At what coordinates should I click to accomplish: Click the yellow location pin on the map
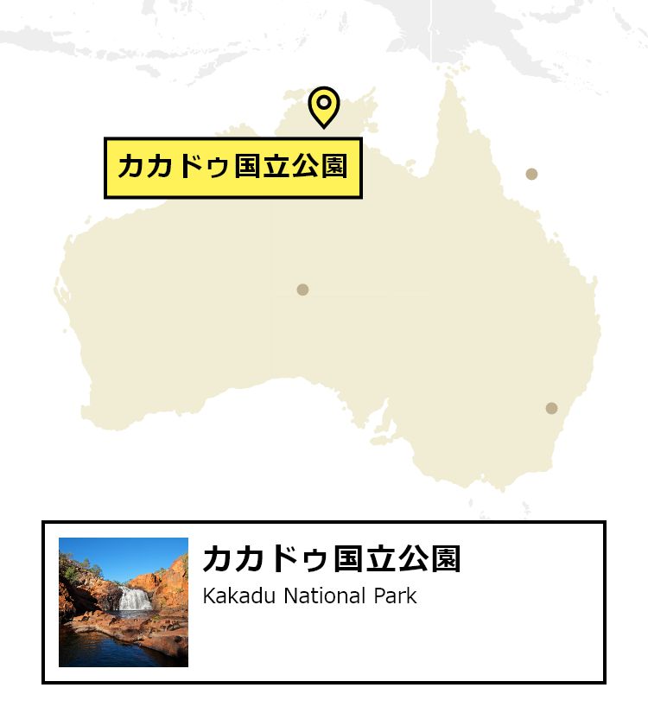click(324, 105)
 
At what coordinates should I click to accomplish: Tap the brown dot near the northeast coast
click(531, 174)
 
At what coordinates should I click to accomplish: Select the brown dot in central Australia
click(302, 290)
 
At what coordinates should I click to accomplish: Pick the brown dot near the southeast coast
click(551, 408)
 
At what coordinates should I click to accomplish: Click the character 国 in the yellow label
click(247, 167)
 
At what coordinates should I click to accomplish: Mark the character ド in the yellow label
click(191, 167)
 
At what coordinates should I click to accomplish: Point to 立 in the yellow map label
click(276, 167)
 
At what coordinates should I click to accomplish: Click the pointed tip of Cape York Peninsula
click(449, 82)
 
